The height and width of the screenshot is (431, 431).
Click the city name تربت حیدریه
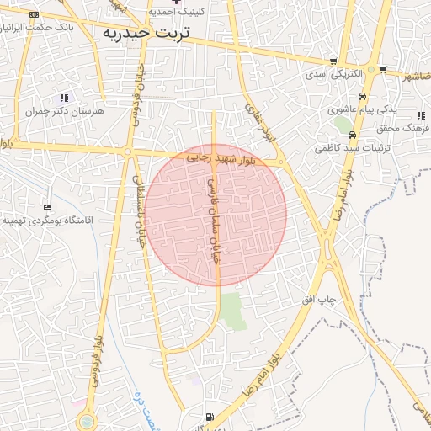[146, 33]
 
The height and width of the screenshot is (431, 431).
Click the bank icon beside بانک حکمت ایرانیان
[34, 15]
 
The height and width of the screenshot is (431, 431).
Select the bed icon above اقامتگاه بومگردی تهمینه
[47, 207]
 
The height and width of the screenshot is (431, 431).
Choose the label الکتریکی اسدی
[333, 74]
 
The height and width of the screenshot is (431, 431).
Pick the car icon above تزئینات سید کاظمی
[352, 135]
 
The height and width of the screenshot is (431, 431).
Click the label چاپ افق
[320, 301]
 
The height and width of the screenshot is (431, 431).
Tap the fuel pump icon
[210, 416]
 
